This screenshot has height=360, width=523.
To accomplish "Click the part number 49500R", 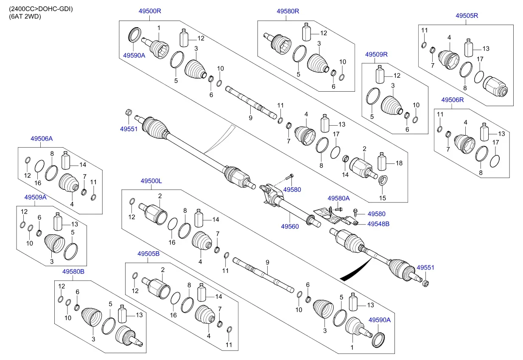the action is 150,11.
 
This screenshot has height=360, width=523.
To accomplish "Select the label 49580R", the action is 288,11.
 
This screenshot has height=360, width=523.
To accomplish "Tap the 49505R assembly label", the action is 467,16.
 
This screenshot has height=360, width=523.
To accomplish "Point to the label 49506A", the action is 42,138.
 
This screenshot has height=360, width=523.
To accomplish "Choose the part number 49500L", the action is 151,181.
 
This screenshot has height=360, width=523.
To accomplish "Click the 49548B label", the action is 378,224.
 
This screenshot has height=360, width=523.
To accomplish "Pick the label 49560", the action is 290,226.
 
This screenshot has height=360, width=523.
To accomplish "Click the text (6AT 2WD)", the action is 25,17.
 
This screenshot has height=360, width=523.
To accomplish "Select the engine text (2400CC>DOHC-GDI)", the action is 41,9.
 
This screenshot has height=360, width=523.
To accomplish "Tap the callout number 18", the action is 399,163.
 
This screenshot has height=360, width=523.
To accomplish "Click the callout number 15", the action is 382,198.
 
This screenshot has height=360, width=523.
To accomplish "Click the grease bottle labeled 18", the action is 382,161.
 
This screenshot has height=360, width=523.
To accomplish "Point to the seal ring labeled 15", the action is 383,180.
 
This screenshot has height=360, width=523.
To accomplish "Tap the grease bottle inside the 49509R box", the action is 380,74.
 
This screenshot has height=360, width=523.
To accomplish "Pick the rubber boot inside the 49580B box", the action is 91,317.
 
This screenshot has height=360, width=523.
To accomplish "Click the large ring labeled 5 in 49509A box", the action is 70,251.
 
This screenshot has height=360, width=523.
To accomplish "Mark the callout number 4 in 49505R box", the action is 449,37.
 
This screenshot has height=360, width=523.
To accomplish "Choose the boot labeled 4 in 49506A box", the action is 69,183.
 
